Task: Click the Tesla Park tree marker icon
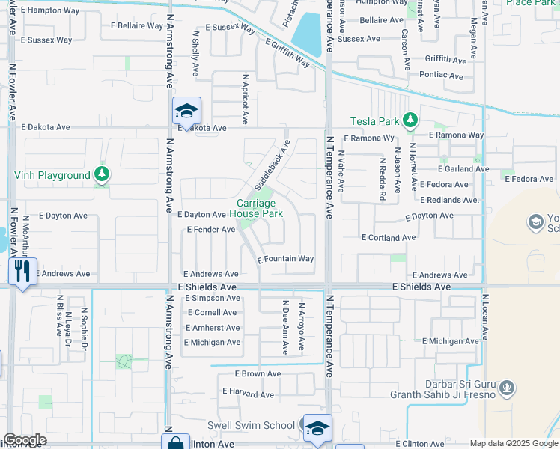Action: tap(410, 120)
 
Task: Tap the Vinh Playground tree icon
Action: tap(102, 175)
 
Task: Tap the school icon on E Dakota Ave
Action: tap(186, 112)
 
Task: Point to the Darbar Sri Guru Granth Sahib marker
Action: tap(507, 388)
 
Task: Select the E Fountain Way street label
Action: tap(285, 259)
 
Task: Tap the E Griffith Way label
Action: tap(287, 54)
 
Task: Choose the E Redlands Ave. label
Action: tap(449, 200)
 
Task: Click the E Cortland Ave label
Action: tap(388, 237)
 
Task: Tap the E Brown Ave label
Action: tap(258, 373)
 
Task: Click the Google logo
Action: tap(24, 440)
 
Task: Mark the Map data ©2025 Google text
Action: tap(513, 443)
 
